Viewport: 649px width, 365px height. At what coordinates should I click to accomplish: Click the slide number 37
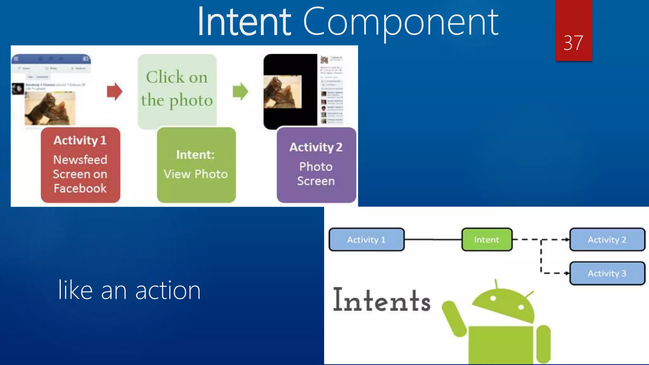(x=573, y=43)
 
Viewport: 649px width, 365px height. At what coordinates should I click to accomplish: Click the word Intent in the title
(x=244, y=22)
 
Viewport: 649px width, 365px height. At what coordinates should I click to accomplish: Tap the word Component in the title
(x=401, y=22)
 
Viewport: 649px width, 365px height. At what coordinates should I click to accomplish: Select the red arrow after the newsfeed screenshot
(x=114, y=92)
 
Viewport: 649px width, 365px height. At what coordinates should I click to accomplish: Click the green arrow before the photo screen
(x=241, y=92)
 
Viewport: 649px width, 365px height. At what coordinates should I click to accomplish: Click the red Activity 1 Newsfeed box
(x=80, y=165)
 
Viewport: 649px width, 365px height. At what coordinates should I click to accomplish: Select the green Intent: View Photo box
(x=196, y=165)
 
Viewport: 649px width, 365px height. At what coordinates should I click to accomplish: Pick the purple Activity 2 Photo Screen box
(x=316, y=165)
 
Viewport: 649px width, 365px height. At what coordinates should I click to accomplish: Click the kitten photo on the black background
(x=283, y=92)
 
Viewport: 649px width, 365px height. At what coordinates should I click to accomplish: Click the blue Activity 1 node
(x=366, y=240)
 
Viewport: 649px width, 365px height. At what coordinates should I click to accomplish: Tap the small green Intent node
(x=487, y=240)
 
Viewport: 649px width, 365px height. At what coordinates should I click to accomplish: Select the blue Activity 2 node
(x=607, y=240)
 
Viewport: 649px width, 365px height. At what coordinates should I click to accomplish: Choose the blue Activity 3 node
(x=607, y=273)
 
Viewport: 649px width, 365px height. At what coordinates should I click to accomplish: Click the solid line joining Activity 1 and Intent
(x=433, y=240)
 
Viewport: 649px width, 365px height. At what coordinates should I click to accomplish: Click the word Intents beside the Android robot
(x=382, y=300)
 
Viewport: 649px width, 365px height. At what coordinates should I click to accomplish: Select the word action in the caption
(x=168, y=291)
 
